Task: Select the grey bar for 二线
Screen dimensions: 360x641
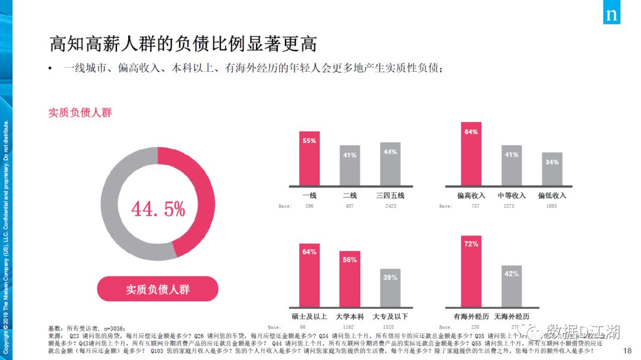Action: pos(350,165)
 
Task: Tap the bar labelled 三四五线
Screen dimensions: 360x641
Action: pos(390,164)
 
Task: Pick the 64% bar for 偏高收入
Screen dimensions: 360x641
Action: pos(471,154)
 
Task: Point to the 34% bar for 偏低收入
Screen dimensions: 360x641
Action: pos(552,169)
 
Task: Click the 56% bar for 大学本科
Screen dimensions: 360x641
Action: pos(350,279)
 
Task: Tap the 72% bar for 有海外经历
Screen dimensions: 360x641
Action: pos(471,271)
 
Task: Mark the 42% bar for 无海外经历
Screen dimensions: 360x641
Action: pos(511,286)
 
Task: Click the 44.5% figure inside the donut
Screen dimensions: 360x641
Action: pos(158,209)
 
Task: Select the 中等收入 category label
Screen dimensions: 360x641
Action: pos(512,195)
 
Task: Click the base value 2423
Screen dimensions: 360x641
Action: pos(390,206)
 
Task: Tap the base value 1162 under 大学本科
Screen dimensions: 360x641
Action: pos(350,327)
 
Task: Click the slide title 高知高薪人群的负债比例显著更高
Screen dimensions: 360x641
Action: pos(183,44)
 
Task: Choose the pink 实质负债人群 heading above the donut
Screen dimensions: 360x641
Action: pos(80,113)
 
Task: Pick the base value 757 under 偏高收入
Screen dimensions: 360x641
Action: pos(471,206)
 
